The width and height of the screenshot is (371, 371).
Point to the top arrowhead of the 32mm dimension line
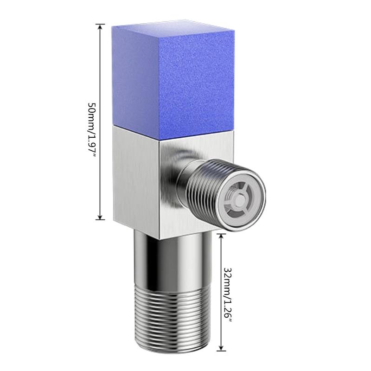click(221, 236)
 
